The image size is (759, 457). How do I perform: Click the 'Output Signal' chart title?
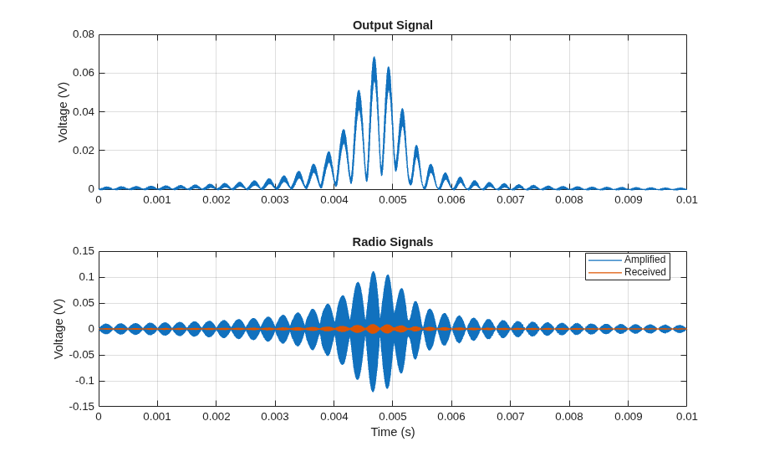(x=393, y=25)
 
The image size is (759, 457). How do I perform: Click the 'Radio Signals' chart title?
(x=393, y=242)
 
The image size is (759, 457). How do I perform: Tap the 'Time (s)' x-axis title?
(x=393, y=432)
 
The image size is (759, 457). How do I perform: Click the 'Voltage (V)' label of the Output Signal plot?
(x=63, y=112)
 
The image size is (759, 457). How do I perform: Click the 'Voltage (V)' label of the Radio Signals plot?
(x=59, y=329)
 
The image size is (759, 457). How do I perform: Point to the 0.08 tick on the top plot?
(x=84, y=34)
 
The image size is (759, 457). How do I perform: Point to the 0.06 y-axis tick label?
(x=84, y=73)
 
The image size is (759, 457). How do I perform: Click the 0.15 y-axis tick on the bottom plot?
(x=84, y=251)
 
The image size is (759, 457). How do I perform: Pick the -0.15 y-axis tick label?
(x=82, y=407)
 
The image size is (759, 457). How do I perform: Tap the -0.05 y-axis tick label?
(x=82, y=355)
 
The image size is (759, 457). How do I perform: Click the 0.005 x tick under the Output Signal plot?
(x=393, y=200)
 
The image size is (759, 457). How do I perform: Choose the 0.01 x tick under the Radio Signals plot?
(x=686, y=417)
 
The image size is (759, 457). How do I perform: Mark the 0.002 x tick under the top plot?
(x=216, y=200)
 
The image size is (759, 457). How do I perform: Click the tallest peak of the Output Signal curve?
(x=374, y=58)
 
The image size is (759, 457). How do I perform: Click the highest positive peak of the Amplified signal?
(x=373, y=272)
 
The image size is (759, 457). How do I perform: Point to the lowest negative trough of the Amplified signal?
(x=372, y=391)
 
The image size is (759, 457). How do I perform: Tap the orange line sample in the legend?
(x=604, y=272)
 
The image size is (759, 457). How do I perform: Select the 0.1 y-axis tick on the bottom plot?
(x=87, y=277)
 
